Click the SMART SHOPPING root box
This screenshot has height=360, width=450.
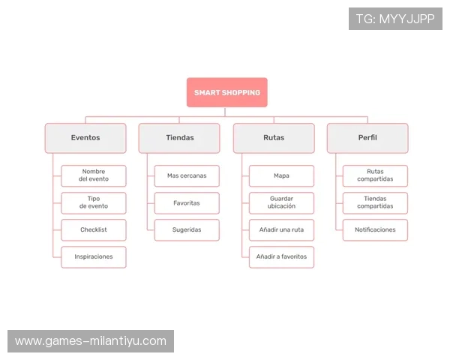tap(226, 92)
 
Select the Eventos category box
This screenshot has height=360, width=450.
tap(85, 138)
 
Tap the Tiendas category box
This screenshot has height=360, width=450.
tap(179, 138)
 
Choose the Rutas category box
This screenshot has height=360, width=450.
tap(274, 138)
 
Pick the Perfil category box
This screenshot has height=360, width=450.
tap(367, 138)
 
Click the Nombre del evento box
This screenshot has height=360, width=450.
tap(94, 175)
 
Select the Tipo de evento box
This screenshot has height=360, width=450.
tap(94, 202)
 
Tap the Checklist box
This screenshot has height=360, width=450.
tap(94, 229)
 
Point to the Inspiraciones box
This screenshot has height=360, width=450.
tap(94, 256)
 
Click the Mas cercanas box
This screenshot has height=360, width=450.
tap(187, 175)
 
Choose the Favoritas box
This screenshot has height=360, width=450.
tap(187, 202)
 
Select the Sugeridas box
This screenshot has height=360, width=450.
tap(187, 229)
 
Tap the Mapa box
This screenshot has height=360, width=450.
tap(281, 175)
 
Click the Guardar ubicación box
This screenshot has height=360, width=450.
tap(281, 202)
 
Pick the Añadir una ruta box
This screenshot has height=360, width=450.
tap(281, 229)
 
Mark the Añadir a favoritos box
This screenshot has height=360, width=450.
tap(281, 256)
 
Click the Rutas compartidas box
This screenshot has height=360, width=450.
tap(375, 175)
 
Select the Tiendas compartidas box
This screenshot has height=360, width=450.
tap(375, 202)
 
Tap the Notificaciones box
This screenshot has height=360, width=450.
tap(375, 229)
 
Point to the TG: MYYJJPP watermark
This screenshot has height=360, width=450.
tap(395, 19)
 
